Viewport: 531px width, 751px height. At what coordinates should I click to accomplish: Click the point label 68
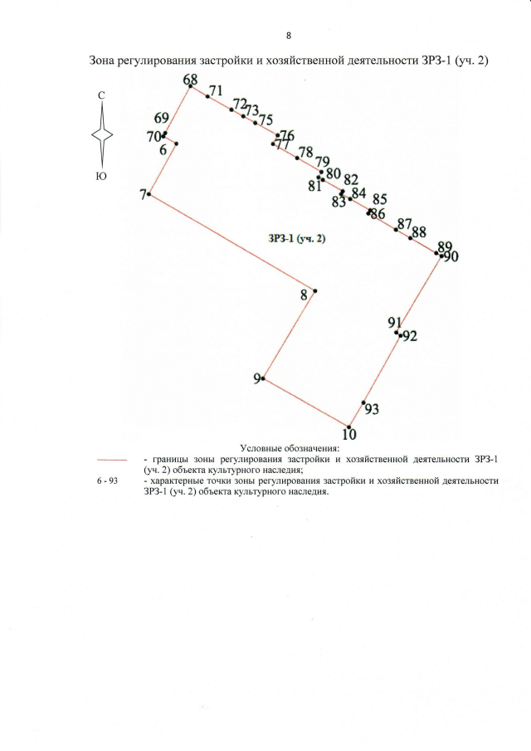click(x=191, y=79)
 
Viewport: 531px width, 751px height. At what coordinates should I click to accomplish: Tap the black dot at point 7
click(x=149, y=194)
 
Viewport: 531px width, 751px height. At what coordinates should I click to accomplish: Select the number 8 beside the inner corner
click(x=304, y=294)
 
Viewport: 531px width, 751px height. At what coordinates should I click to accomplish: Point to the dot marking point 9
click(x=263, y=378)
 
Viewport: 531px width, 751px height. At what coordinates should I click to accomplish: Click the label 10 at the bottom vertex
click(x=349, y=433)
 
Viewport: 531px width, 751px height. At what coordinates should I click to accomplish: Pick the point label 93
click(x=372, y=410)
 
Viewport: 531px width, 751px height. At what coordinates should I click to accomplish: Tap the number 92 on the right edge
click(x=409, y=336)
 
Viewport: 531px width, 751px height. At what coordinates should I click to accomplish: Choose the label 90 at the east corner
click(x=451, y=257)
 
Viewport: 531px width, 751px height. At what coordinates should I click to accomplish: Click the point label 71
click(x=217, y=90)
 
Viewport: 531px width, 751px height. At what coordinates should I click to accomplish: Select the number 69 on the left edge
click(x=162, y=119)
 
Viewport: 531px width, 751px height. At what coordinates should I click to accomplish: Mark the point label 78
click(x=305, y=152)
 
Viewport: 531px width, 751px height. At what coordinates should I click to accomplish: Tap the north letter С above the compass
click(x=101, y=96)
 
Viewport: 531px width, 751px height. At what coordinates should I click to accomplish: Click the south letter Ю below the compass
click(x=101, y=175)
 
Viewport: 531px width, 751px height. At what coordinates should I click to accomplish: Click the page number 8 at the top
click(x=288, y=36)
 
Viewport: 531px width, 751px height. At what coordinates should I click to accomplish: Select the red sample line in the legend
click(x=111, y=459)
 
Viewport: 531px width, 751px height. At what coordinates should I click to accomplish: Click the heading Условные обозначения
click(x=285, y=448)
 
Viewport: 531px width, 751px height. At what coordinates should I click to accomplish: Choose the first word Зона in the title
click(x=104, y=61)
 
